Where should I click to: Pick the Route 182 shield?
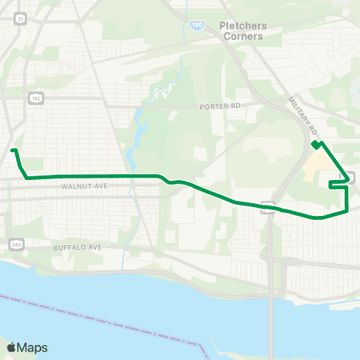(x=34, y=97)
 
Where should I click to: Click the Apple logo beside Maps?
(x=11, y=347)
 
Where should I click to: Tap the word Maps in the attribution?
(x=32, y=347)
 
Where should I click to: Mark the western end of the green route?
(x=13, y=150)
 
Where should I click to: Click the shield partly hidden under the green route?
(x=266, y=207)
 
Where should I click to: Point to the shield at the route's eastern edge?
(x=350, y=178)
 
